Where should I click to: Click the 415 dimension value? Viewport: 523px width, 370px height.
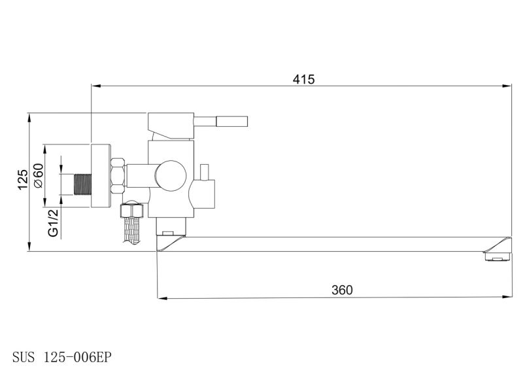[x=303, y=79]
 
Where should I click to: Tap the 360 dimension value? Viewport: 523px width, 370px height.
[x=342, y=290]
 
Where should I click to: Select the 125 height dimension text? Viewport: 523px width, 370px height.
[x=23, y=180]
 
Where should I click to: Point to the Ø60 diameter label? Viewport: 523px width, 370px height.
[x=39, y=175]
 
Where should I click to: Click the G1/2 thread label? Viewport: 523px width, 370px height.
[x=53, y=222]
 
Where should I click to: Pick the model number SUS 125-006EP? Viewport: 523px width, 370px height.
[x=61, y=358]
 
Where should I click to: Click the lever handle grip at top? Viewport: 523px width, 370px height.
[x=231, y=122]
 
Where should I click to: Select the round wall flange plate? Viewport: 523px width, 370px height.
[x=101, y=175]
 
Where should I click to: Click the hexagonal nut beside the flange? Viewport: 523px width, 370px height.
[x=118, y=176]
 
